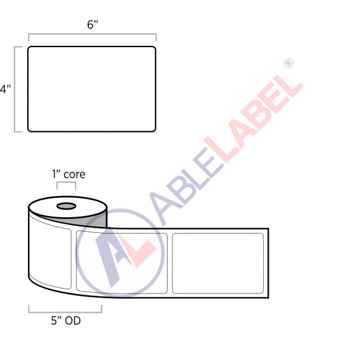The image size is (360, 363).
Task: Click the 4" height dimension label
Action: (5, 89)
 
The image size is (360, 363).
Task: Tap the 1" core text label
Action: (68, 174)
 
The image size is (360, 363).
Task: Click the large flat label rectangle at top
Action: (92, 89)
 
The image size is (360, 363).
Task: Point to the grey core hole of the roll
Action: (66, 207)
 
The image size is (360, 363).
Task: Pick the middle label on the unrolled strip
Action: (121, 262)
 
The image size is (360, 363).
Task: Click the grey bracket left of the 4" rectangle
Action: (16, 89)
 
